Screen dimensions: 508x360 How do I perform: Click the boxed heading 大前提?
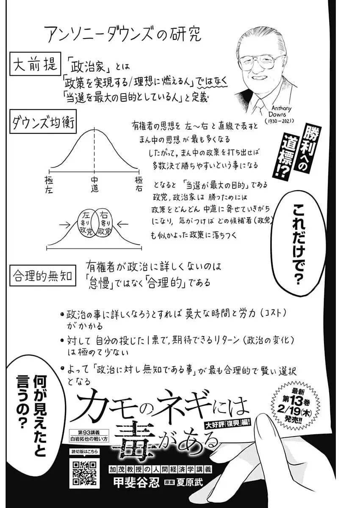click(x=34, y=66)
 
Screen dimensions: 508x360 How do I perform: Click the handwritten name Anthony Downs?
click(x=277, y=111)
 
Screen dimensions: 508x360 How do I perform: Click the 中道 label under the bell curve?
click(x=94, y=185)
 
